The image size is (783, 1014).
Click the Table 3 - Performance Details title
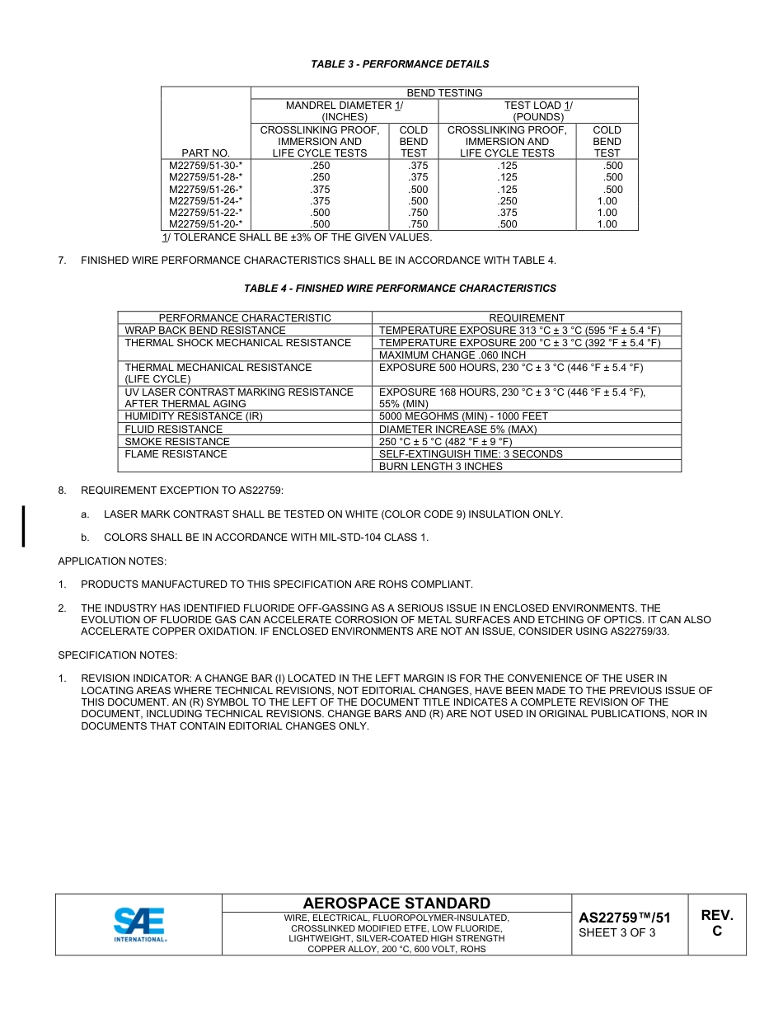[x=400, y=64]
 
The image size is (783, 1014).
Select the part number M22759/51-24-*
[x=205, y=201]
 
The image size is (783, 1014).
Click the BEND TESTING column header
[x=444, y=93]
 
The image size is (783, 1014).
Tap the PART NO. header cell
[x=205, y=153]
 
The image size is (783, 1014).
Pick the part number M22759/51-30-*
[x=205, y=166]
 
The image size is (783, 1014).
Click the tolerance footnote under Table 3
[x=297, y=237]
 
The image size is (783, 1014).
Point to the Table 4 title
[x=400, y=289]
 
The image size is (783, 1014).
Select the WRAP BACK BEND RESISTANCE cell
[x=205, y=331]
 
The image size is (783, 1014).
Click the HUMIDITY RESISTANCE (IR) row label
[x=194, y=416]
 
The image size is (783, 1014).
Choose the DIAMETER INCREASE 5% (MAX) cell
[x=457, y=430]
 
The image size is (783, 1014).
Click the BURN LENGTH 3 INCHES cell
[x=440, y=467]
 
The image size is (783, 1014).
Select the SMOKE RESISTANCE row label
[x=177, y=442]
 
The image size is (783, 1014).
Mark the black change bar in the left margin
[x=23, y=526]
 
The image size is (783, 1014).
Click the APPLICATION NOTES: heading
[x=112, y=561]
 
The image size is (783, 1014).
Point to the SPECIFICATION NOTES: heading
[x=117, y=655]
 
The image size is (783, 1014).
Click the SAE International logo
[x=140, y=924]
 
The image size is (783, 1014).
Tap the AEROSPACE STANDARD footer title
[x=396, y=904]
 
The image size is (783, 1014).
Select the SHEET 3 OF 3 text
[x=617, y=933]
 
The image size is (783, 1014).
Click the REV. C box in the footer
[x=717, y=924]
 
